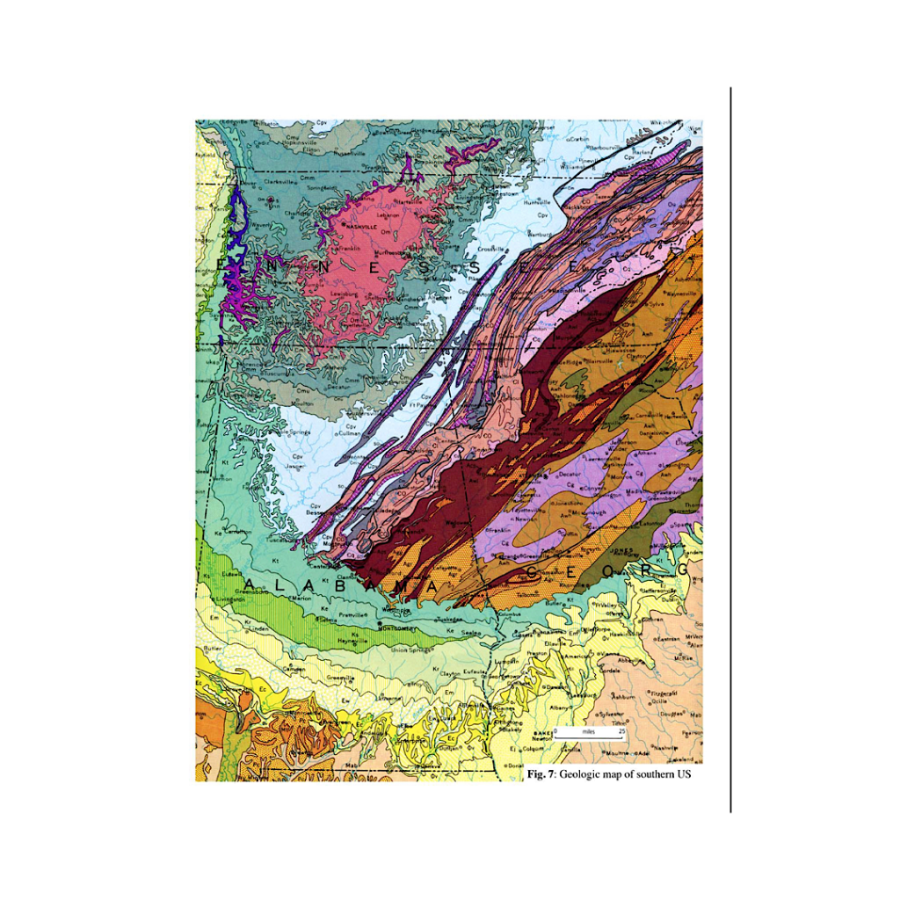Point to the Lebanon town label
coord(388,214)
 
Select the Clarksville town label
coord(279,182)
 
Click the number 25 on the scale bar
coord(621,731)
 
